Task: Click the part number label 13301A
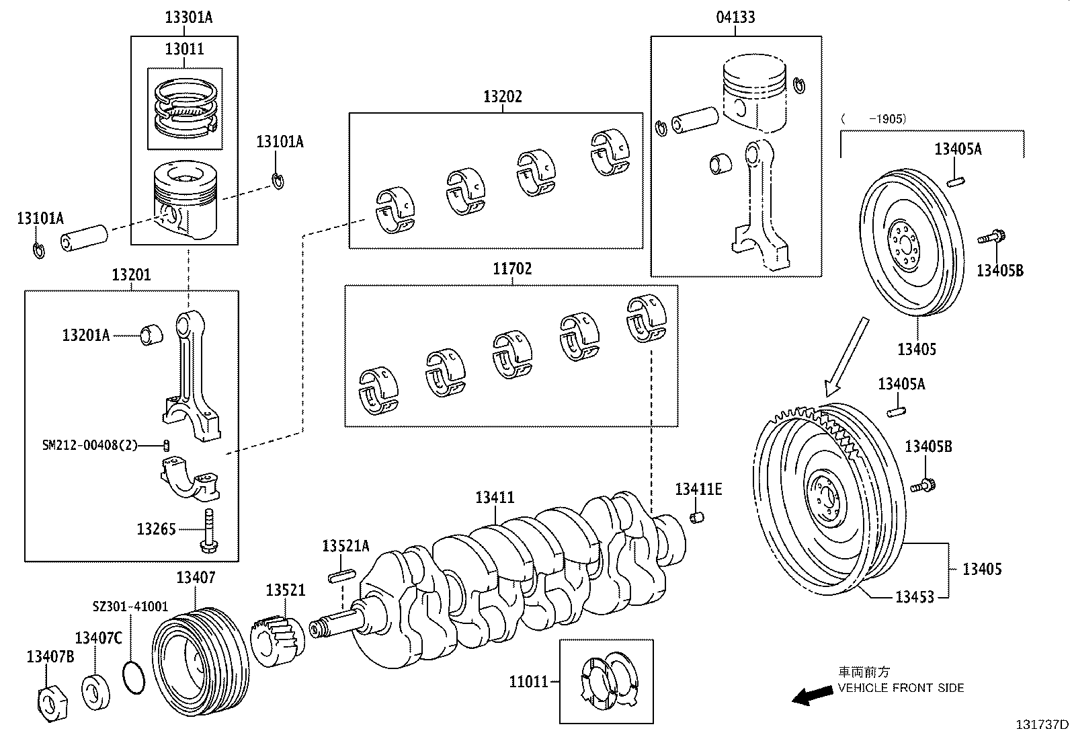(x=188, y=17)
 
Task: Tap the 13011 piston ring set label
(x=184, y=49)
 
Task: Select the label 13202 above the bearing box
(x=502, y=97)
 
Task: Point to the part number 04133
(x=735, y=17)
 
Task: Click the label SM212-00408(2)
(x=89, y=445)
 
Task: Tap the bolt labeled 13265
(x=210, y=530)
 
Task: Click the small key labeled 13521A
(x=341, y=576)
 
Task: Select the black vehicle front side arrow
(x=811, y=697)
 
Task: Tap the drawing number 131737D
(x=1041, y=724)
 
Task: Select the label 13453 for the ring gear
(x=914, y=596)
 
